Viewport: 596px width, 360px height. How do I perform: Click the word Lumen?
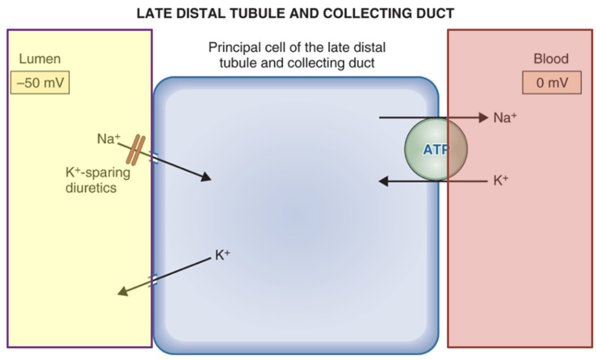40,59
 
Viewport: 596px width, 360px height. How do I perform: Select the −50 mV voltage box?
40,82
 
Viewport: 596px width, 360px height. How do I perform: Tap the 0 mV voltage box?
552,82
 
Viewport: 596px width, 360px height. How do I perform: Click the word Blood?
551,59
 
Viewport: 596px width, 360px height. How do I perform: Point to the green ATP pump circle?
436,149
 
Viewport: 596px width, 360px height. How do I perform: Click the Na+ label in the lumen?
109,139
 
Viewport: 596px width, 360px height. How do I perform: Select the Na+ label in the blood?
505,118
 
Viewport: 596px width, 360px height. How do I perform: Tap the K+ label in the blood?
501,180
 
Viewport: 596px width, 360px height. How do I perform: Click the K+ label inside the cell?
223,255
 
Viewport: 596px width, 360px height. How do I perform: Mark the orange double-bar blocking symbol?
136,150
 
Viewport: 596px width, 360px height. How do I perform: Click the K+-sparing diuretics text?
97,180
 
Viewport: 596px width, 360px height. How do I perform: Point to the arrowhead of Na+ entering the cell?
206,177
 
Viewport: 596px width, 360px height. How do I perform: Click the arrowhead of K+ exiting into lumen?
123,291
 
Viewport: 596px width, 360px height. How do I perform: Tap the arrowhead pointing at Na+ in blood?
483,118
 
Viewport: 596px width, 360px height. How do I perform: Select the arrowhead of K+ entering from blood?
384,181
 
